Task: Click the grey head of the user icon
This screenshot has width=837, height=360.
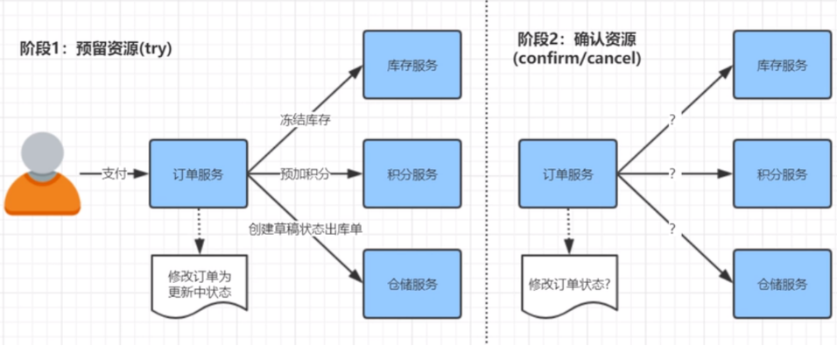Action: [39, 152]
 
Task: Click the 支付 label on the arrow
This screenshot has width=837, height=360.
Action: [115, 173]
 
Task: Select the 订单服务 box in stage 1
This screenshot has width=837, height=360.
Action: [199, 173]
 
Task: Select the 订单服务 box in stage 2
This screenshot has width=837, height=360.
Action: [568, 173]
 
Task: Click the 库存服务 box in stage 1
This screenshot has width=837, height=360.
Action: [411, 65]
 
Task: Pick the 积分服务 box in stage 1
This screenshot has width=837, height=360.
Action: [411, 173]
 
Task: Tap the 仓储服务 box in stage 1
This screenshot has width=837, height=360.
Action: [411, 284]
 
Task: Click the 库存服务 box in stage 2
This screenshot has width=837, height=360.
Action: [781, 65]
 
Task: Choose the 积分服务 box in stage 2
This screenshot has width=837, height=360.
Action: [781, 173]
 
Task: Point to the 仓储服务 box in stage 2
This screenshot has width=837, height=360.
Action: [781, 284]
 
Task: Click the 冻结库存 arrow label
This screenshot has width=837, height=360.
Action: [305, 120]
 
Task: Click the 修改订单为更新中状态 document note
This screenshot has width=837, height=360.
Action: [199, 284]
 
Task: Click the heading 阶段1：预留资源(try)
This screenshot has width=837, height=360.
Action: [95, 49]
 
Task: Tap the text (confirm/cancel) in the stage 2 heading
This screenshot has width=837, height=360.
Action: [577, 59]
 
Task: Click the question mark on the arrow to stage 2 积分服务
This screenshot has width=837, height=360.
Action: [672, 173]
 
